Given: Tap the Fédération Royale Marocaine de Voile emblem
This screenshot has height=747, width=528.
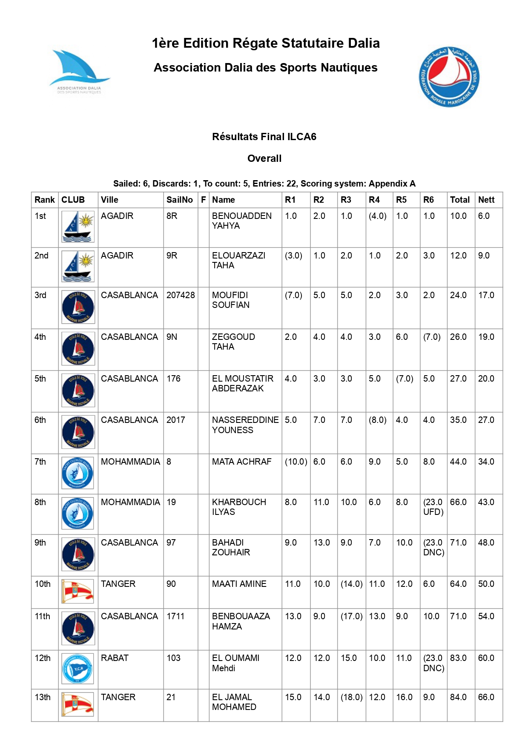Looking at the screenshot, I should (449, 77).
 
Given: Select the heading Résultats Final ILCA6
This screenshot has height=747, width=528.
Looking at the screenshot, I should (264, 137).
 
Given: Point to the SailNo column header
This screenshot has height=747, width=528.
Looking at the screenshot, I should (179, 200).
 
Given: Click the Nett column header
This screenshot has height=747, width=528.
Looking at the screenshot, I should (486, 200).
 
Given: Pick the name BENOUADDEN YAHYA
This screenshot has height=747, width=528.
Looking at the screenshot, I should (241, 221).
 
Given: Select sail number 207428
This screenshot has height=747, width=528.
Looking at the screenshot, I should (181, 295).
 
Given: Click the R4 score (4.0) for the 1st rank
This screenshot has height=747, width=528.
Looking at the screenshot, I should (377, 216).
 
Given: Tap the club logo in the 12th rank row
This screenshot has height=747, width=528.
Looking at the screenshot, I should (78, 669).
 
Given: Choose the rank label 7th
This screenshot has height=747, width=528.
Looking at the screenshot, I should (40, 462).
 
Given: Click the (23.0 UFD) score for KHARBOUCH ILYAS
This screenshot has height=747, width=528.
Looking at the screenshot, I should (433, 507).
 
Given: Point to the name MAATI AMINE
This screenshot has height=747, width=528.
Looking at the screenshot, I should (239, 584).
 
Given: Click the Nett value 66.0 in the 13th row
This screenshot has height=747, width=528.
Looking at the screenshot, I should (486, 697).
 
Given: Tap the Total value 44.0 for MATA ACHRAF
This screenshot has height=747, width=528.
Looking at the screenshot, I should (458, 462).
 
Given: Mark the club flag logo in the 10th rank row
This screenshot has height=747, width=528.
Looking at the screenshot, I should (78, 591).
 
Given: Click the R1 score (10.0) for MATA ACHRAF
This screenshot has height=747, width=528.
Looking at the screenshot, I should (296, 462).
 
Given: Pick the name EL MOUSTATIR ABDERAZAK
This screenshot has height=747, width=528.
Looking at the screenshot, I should (243, 383).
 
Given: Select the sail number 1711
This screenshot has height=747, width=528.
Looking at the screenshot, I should (175, 616).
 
